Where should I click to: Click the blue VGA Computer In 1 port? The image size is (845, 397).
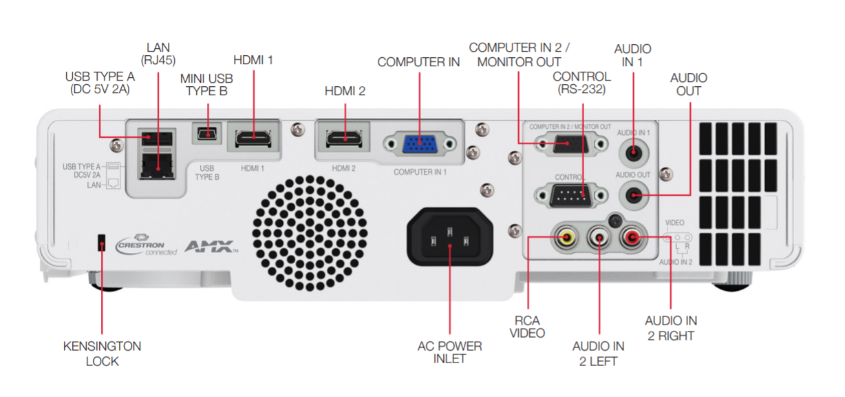[420, 144]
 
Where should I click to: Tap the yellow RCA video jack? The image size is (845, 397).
[566, 238]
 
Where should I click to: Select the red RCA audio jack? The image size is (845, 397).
[632, 238]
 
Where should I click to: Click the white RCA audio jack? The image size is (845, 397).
[599, 238]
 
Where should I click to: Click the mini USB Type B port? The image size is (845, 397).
[207, 133]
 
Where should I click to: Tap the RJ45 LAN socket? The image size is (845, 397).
[157, 166]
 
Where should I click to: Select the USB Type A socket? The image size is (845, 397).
[157, 139]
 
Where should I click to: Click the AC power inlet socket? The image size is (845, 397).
[449, 237]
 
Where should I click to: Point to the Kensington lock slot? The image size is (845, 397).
[101, 243]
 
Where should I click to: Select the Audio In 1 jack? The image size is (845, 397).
[634, 152]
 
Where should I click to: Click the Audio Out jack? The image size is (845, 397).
[634, 195]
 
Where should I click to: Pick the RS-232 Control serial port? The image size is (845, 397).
[571, 195]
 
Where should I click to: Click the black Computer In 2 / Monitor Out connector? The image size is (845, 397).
[571, 144]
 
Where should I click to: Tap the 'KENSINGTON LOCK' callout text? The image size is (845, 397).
[103, 354]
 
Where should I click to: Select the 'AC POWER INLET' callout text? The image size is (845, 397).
[449, 352]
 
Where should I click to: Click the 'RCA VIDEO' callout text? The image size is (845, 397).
[527, 327]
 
